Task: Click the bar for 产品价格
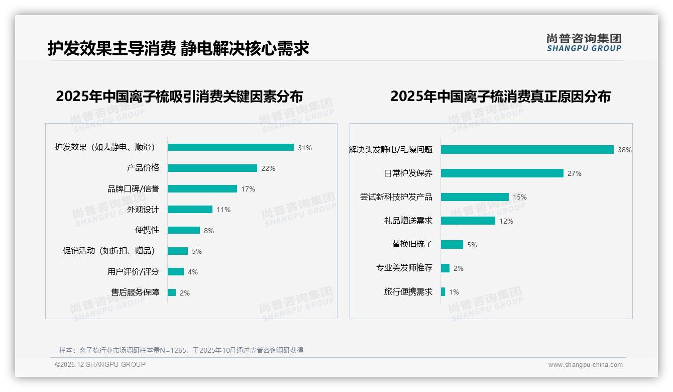click(x=212, y=168)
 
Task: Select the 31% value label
click(x=304, y=148)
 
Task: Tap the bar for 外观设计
click(x=190, y=210)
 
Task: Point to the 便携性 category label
click(x=147, y=230)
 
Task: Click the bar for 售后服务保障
click(x=172, y=292)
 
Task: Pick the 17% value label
click(x=248, y=189)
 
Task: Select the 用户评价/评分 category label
click(x=133, y=272)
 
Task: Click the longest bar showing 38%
click(x=527, y=150)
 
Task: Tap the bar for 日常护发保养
click(x=502, y=173)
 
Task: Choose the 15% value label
click(x=519, y=197)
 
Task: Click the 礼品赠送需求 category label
click(x=404, y=221)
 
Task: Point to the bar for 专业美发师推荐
click(x=445, y=268)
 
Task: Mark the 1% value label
click(x=454, y=292)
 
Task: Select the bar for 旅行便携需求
click(x=443, y=292)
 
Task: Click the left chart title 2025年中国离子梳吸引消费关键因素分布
click(x=179, y=96)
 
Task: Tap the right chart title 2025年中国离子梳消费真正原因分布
click(x=500, y=96)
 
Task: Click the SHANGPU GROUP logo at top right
click(x=584, y=43)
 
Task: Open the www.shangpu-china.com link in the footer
click(x=585, y=365)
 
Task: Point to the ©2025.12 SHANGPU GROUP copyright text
click(x=100, y=364)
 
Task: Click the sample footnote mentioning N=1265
click(x=181, y=350)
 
